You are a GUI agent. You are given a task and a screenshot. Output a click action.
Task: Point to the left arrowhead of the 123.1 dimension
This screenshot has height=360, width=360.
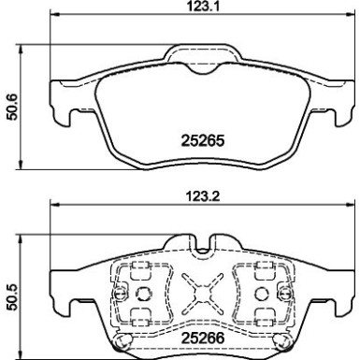[51, 18]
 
